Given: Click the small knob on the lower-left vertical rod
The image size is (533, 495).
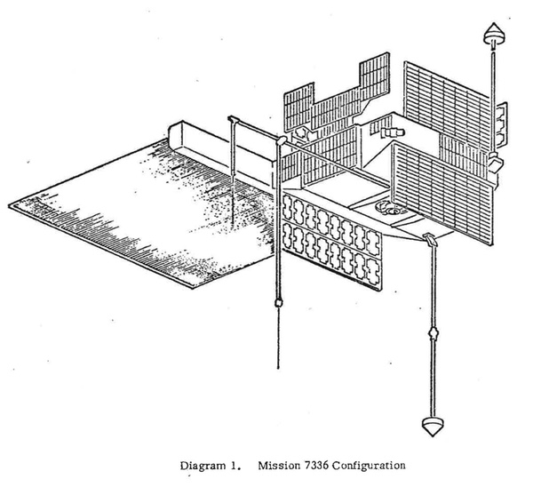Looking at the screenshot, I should click(x=278, y=302).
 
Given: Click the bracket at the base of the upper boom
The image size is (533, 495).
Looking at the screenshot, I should click(x=493, y=163).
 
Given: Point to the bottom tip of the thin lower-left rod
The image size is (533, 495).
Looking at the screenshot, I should click(x=278, y=369).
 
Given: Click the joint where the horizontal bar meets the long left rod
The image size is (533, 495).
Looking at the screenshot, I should click(x=278, y=142).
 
